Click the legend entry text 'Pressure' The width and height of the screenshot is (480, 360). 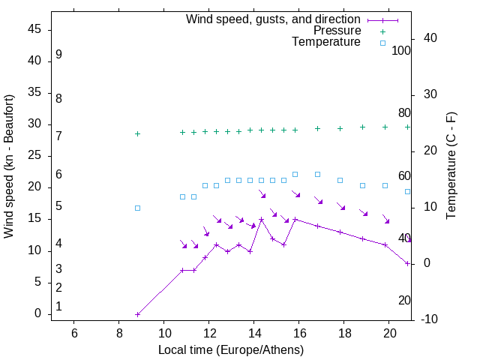tap(337, 31)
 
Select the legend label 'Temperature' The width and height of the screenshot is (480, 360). tap(326, 42)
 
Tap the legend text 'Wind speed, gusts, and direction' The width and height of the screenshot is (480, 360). tap(274, 19)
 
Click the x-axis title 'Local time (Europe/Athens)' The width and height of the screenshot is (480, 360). tap(231, 350)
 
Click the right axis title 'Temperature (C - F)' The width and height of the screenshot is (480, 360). tap(451, 166)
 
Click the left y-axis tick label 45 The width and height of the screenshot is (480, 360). tap(34, 29)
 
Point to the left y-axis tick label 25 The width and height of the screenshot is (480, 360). tap(34, 156)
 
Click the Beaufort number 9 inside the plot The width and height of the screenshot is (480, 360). tap(58, 55)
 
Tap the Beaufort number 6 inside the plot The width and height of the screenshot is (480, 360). tap(58, 174)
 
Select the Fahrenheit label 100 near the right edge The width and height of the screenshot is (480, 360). tap(402, 50)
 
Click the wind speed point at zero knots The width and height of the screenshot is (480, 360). tap(137, 314)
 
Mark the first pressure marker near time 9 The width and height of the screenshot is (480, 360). tap(137, 133)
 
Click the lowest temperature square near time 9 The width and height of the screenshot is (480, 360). tap(137, 208)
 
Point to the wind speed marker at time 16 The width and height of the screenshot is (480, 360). tap(295, 219)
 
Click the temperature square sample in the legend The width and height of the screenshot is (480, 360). tap(382, 43)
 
